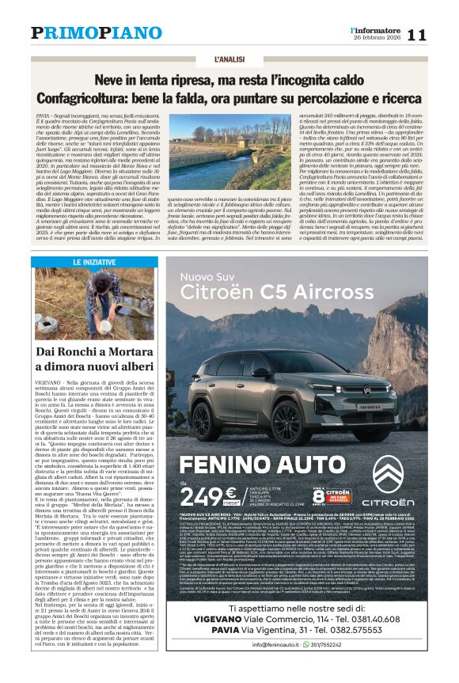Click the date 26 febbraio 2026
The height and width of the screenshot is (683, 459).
[x=377, y=38]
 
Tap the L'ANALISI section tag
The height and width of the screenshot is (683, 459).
[x=230, y=59]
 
